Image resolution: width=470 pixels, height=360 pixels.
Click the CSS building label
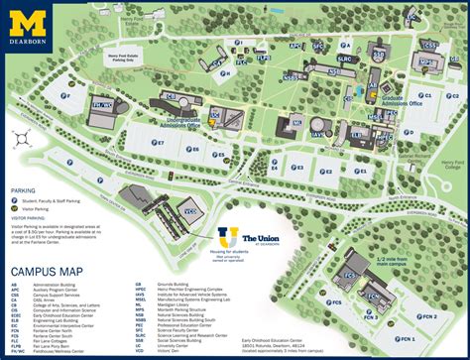tap(429, 46)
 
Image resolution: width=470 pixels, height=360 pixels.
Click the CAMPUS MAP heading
tap(46, 269)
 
